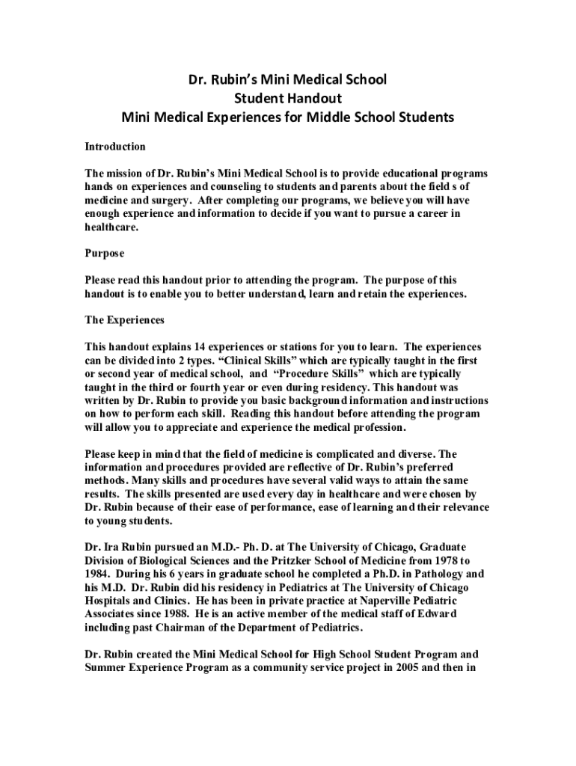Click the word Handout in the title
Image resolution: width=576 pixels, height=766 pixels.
coord(313,98)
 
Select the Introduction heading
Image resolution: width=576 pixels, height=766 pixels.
coord(115,147)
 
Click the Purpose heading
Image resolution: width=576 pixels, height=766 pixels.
coord(105,254)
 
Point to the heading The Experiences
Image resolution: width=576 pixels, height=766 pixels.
coord(124,319)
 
